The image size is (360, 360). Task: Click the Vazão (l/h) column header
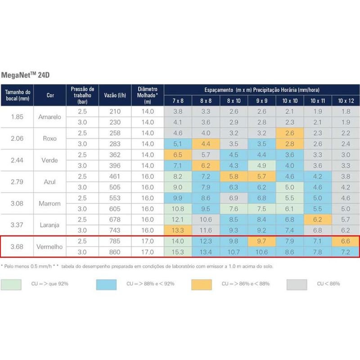pyautogui.click(x=115, y=94)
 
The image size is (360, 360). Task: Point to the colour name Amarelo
pyautogui.click(x=51, y=117)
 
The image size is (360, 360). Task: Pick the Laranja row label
pyautogui.click(x=51, y=225)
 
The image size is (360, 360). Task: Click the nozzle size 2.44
pyautogui.click(x=17, y=160)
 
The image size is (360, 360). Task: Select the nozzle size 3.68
pyautogui.click(x=17, y=246)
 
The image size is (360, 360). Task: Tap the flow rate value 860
pyautogui.click(x=115, y=252)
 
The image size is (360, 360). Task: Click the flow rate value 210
pyautogui.click(x=115, y=111)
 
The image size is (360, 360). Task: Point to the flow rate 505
pyautogui.click(x=115, y=187)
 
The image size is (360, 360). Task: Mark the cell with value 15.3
pyautogui.click(x=178, y=252)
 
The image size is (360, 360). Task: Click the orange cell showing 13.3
pyautogui.click(x=178, y=230)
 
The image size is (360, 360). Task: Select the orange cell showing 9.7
pyautogui.click(x=261, y=241)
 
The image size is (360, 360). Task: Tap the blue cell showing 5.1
pyautogui.click(x=178, y=144)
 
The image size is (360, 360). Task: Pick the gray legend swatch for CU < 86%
pyautogui.click(x=297, y=284)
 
